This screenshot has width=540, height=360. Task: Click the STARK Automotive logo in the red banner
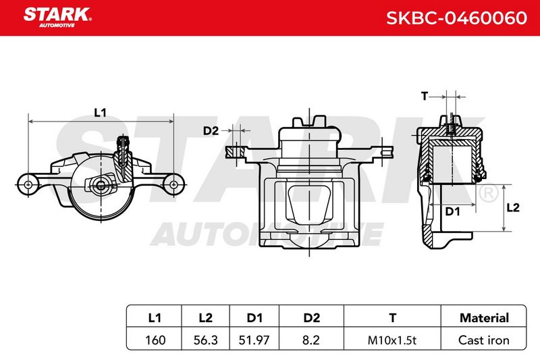[x=57, y=18]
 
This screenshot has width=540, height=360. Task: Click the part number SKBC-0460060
[x=457, y=18]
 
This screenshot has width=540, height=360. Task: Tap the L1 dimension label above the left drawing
[x=100, y=112]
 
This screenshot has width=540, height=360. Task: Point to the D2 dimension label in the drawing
[x=211, y=131]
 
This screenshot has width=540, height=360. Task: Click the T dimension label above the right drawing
[x=425, y=97]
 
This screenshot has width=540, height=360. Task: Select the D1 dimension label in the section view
[x=452, y=211]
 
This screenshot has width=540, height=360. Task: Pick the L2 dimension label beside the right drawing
[x=513, y=207]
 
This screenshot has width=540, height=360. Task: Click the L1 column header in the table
[x=155, y=317]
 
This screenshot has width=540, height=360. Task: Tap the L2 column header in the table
[x=206, y=317]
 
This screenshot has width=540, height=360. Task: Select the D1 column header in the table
[x=254, y=317]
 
